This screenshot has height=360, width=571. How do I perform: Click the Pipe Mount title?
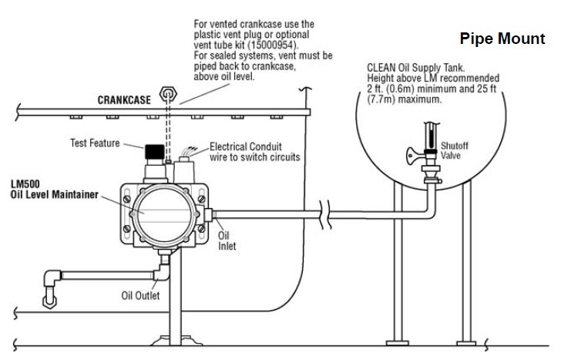[502, 39]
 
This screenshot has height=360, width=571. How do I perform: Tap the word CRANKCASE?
[124, 100]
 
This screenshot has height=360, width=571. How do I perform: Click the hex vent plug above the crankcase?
[168, 94]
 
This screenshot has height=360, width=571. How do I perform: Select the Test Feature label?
[95, 143]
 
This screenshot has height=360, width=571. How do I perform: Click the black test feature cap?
[155, 152]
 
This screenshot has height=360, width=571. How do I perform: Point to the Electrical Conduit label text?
[246, 146]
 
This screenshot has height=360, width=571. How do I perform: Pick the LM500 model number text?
[25, 184]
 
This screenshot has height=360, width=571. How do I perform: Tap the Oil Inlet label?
[227, 241]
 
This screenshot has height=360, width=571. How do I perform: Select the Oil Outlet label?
[140, 295]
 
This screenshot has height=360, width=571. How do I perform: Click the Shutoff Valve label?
[454, 150]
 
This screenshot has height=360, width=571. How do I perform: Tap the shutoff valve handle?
[415, 156]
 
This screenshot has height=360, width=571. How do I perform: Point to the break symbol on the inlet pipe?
[325, 214]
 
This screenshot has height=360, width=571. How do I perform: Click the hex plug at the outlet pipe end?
[50, 301]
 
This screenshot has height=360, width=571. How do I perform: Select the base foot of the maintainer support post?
[176, 341]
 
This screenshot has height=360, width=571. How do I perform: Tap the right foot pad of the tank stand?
[466, 343]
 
